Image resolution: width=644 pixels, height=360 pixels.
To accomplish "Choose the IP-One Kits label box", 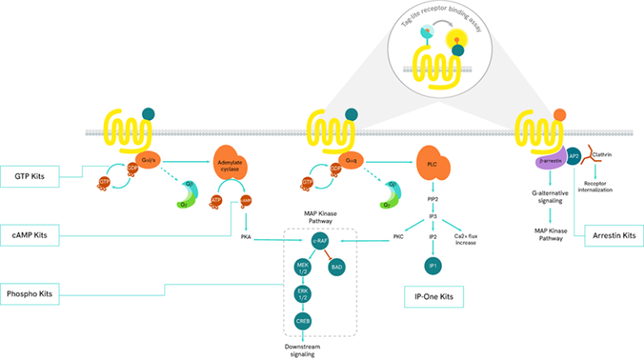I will [428, 296].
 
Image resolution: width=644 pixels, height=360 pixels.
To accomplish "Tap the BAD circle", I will [335, 267].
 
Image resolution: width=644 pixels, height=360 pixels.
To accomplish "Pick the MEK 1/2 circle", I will [303, 267].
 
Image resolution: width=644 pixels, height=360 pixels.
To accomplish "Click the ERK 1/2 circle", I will [303, 295].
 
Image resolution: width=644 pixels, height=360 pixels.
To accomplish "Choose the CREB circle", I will [303, 321].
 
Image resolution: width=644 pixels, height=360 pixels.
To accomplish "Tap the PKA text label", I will [247, 237].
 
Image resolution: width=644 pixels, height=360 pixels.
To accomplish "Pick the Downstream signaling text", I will [303, 349].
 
